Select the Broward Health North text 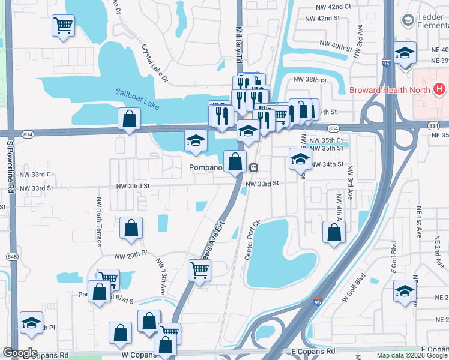(x=390, y=91)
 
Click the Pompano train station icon (x=254, y=167)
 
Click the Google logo (x=20, y=353)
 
